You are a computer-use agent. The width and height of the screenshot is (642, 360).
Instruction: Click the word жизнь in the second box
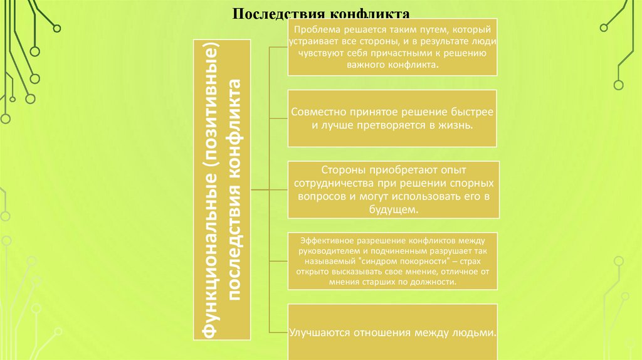455,125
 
